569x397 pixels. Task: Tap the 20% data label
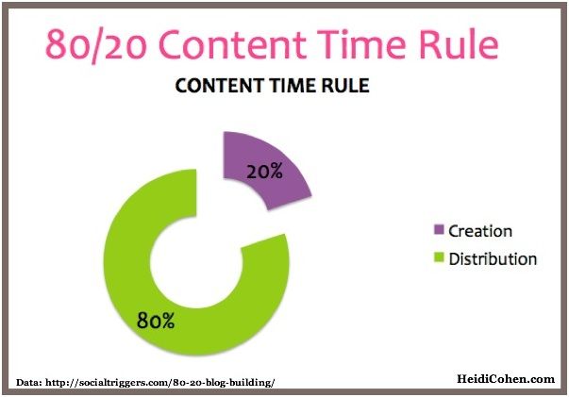(x=264, y=171)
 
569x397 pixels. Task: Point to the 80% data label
(x=156, y=320)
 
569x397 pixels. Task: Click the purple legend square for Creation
(x=439, y=229)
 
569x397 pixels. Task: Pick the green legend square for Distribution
(x=439, y=257)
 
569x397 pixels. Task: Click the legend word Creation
(x=480, y=231)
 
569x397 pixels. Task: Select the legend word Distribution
(x=493, y=259)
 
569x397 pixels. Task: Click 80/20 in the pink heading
(x=96, y=45)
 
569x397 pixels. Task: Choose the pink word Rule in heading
(x=459, y=44)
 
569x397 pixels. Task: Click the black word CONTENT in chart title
(x=219, y=86)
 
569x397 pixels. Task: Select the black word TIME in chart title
(x=293, y=86)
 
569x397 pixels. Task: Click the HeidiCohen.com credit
(x=506, y=379)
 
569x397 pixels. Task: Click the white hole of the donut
(x=196, y=262)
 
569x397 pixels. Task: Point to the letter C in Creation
(x=454, y=231)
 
